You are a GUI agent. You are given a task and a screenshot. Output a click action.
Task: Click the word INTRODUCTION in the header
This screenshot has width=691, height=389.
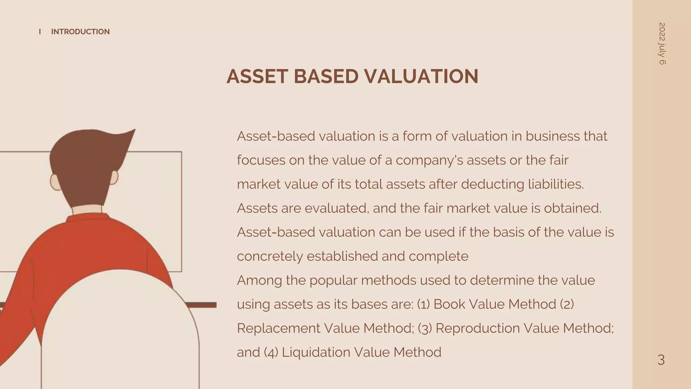(80, 32)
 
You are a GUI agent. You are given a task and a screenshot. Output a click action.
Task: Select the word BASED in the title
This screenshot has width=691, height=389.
(326, 76)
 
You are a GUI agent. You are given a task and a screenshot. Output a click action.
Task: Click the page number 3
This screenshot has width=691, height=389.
(661, 360)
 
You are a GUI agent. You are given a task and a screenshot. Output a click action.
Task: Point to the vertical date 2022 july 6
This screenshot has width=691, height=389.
(662, 44)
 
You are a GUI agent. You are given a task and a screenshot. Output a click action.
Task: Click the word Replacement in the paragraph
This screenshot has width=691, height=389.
(278, 329)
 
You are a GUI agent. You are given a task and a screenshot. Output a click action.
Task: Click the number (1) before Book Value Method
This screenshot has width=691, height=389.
(423, 305)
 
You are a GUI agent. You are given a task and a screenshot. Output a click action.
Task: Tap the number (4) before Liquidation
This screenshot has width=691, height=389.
(271, 353)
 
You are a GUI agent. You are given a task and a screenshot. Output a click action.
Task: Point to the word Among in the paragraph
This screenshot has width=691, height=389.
(259, 281)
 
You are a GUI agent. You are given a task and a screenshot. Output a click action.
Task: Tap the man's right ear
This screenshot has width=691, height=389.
(114, 177)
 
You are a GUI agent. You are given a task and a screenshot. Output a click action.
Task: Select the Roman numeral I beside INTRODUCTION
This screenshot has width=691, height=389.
(40, 32)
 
